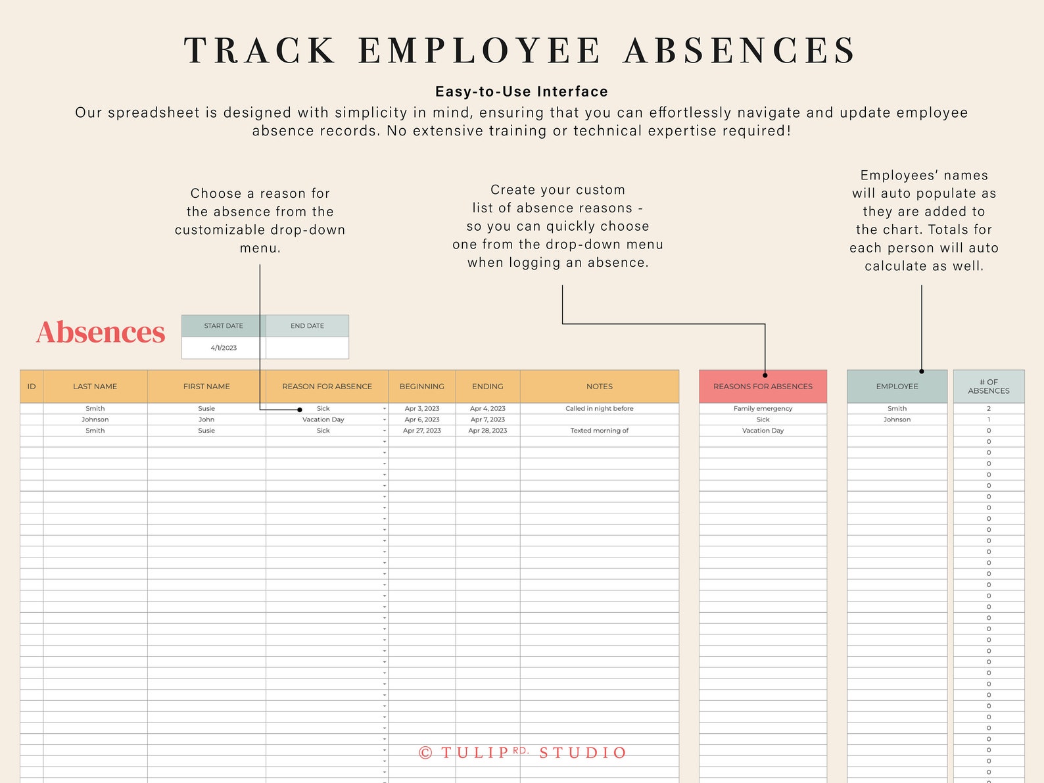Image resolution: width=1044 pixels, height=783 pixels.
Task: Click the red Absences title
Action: (x=101, y=332)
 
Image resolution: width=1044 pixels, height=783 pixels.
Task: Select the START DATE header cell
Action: (x=224, y=326)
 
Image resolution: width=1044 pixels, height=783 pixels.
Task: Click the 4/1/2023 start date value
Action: (x=224, y=348)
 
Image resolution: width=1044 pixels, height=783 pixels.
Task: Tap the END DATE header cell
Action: (x=307, y=326)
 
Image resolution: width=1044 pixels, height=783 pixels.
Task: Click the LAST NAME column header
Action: (x=95, y=387)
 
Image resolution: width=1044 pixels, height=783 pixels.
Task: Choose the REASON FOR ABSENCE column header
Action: (x=327, y=387)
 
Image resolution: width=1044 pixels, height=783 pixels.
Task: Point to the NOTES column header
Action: (x=599, y=387)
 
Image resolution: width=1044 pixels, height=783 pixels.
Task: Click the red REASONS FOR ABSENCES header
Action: (x=763, y=387)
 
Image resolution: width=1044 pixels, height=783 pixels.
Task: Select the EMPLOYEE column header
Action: (x=897, y=387)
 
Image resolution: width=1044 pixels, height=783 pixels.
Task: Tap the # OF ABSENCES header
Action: (x=988, y=387)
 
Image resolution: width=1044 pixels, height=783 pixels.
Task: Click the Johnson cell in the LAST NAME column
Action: (x=95, y=419)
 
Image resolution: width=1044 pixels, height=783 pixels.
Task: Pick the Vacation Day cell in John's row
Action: (x=323, y=419)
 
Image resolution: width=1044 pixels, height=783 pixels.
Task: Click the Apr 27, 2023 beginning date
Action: (x=422, y=431)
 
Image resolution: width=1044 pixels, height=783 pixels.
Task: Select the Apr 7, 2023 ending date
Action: (x=488, y=419)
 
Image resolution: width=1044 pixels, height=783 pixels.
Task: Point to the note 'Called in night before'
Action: (x=599, y=408)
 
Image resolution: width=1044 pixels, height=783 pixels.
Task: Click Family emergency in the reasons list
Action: (x=763, y=408)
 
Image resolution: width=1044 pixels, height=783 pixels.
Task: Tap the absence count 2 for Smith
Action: (x=988, y=408)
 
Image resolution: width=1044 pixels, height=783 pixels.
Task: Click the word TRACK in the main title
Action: (x=260, y=51)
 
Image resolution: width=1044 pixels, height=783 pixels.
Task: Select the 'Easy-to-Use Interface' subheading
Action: (x=521, y=91)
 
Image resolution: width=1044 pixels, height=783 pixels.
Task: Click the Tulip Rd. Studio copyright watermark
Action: (x=523, y=753)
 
